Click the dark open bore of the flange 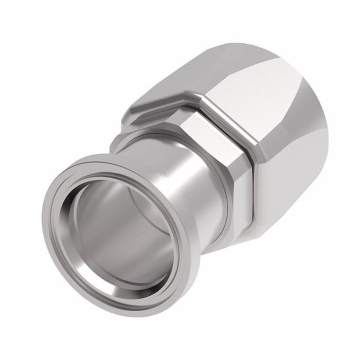(121, 226)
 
